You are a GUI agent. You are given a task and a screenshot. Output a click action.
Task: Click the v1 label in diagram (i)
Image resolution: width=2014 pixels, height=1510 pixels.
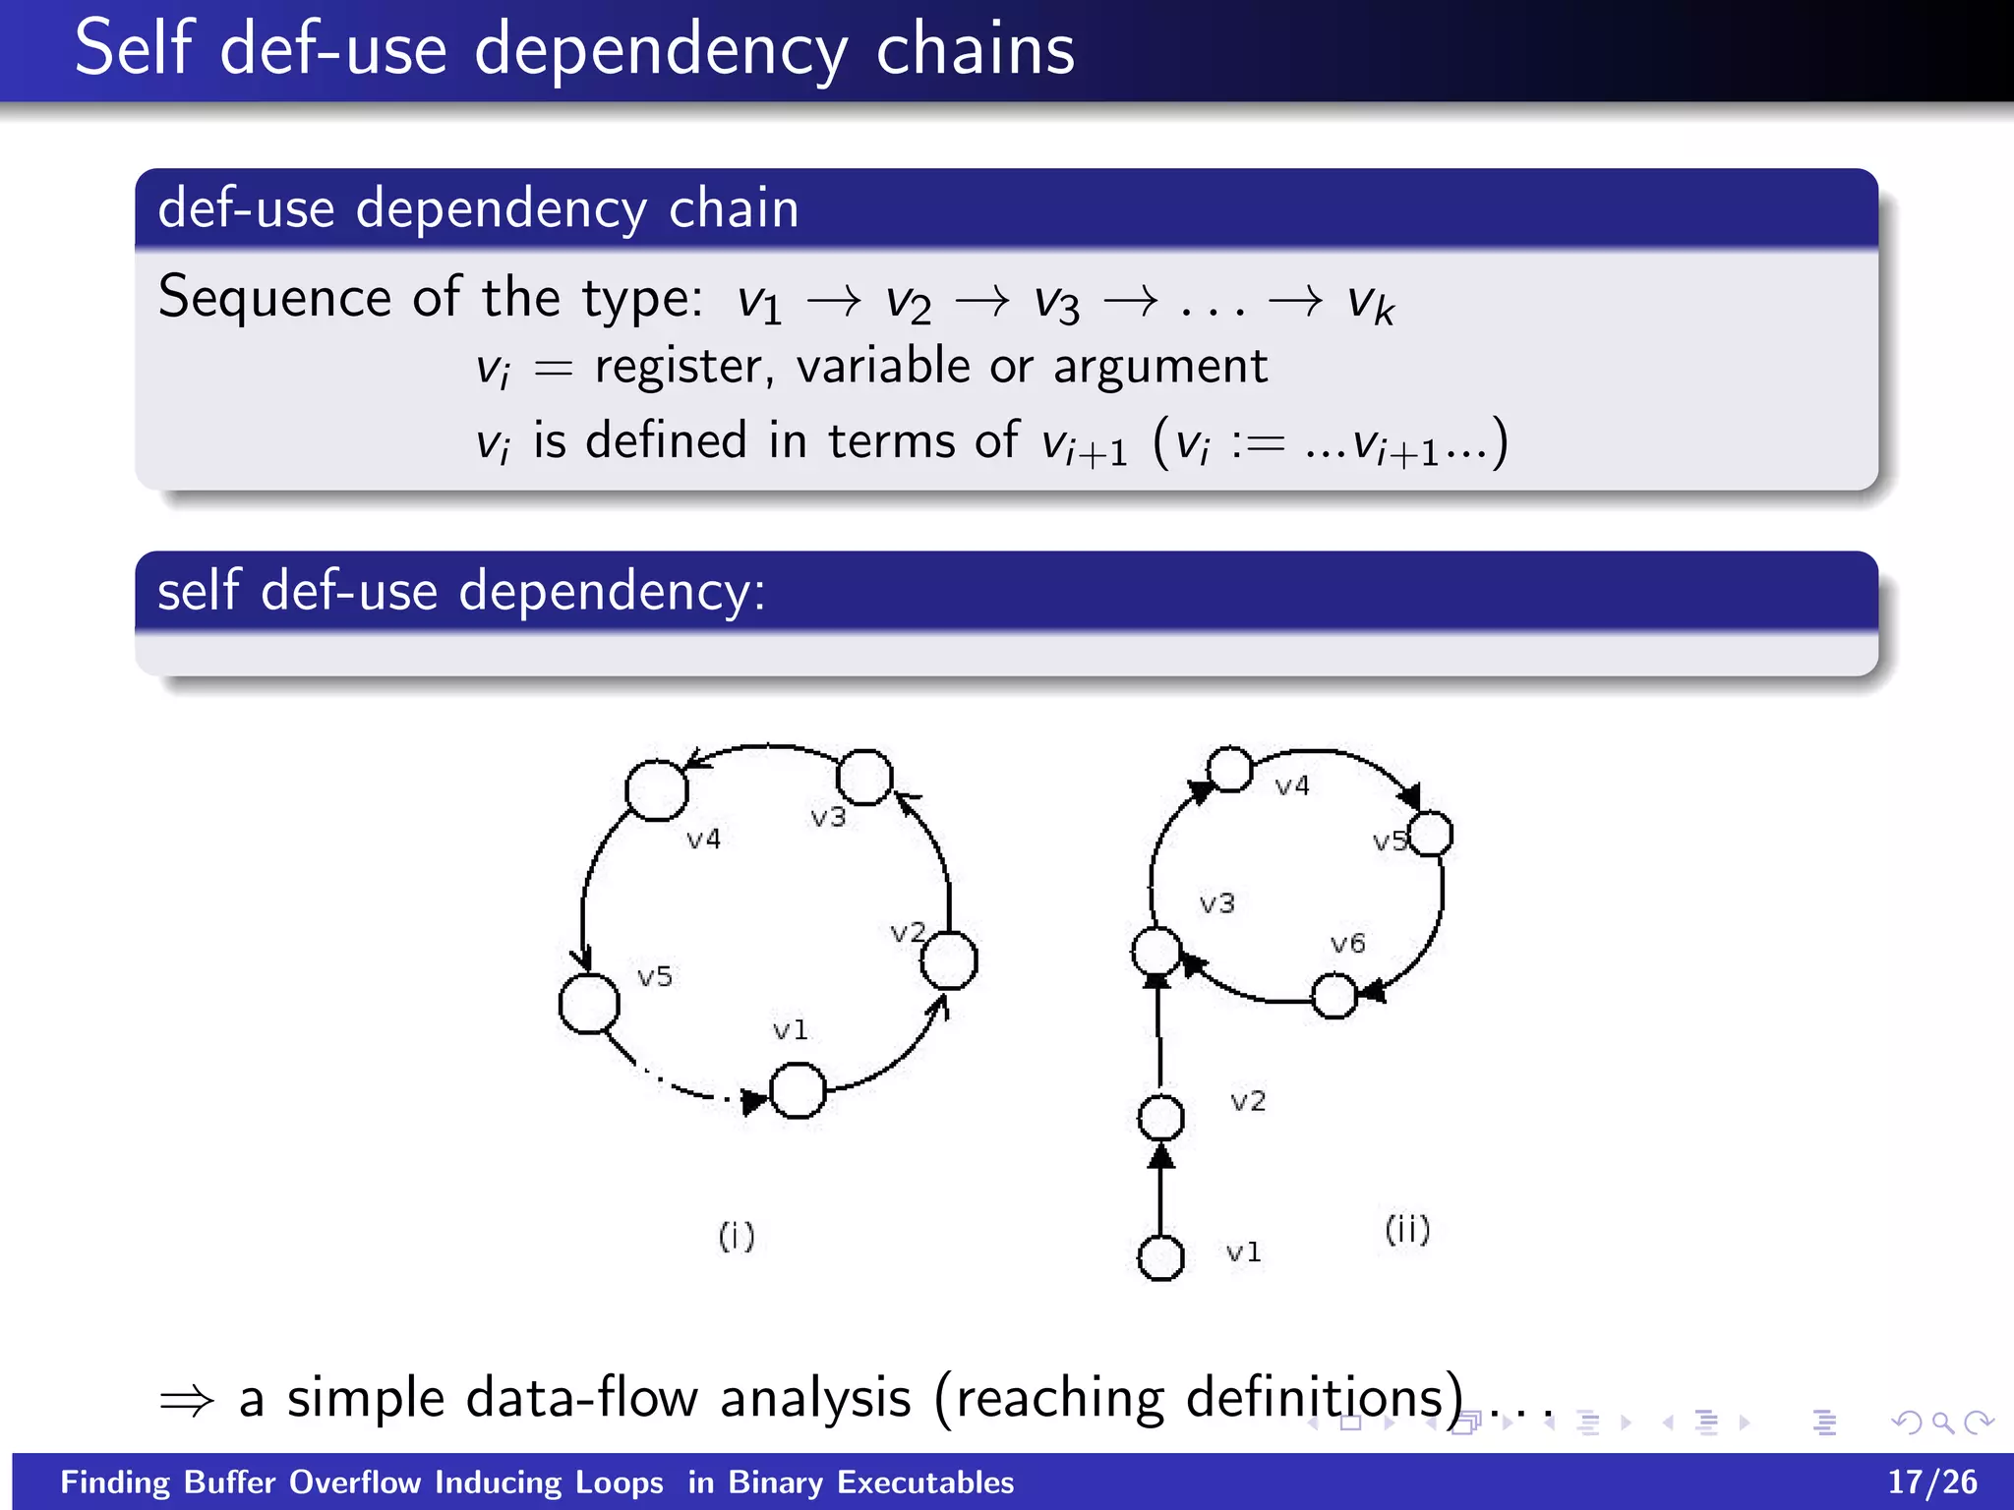pos(790,1030)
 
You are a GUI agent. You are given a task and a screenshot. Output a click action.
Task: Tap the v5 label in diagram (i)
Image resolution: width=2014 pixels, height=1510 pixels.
pos(655,977)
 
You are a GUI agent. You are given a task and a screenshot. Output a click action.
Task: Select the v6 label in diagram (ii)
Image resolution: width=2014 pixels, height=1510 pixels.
pos(1347,944)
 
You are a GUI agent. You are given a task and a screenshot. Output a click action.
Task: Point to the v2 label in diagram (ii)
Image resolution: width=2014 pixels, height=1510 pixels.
pos(1248,1101)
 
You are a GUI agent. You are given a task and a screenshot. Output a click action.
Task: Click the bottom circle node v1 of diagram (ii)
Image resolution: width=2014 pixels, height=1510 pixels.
pos(1160,1257)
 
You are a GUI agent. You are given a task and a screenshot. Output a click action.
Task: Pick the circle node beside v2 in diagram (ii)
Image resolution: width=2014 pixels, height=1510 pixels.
pos(1160,1118)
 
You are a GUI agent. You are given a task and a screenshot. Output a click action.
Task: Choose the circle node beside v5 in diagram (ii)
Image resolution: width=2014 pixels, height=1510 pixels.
pos(1431,834)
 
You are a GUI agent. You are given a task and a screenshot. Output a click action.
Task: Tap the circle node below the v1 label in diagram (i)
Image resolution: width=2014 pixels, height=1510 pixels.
pos(798,1091)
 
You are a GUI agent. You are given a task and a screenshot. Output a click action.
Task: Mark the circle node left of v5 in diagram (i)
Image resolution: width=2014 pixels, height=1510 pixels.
pos(589,1004)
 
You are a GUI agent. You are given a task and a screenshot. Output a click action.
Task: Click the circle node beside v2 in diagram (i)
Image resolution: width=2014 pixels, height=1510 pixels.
pos(949,960)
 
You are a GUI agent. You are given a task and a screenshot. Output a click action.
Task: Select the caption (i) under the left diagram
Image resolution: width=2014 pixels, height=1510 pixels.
pos(737,1236)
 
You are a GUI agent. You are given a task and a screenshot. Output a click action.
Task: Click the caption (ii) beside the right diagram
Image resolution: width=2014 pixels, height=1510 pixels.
pos(1407,1229)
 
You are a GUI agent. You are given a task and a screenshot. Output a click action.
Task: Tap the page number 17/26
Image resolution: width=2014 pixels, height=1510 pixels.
pos(1931,1481)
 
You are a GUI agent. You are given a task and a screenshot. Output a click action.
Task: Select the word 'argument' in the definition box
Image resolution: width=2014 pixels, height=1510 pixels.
pos(1160,367)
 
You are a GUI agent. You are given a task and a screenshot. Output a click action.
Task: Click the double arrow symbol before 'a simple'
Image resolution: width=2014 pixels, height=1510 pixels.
pos(187,1400)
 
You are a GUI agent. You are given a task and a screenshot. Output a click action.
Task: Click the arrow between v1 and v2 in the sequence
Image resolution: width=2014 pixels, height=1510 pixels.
pos(834,301)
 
